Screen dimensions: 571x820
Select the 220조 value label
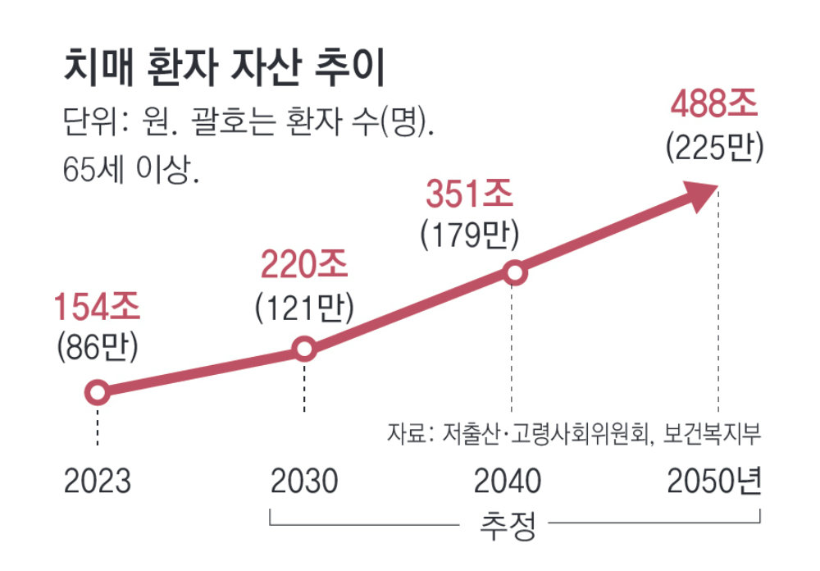pos(304,266)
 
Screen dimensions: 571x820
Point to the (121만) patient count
pos(304,305)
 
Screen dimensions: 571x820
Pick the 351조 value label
pos(469,196)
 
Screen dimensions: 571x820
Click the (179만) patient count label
pos(469,235)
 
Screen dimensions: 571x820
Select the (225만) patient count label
pos(714,147)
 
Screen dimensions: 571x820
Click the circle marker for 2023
pos(97,393)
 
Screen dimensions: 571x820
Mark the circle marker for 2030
pos(304,349)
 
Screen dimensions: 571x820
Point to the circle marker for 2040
pos(513,273)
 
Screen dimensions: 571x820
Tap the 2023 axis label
pos(97,482)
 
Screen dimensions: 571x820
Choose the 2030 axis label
pos(304,482)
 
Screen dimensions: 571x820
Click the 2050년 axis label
pos(714,482)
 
